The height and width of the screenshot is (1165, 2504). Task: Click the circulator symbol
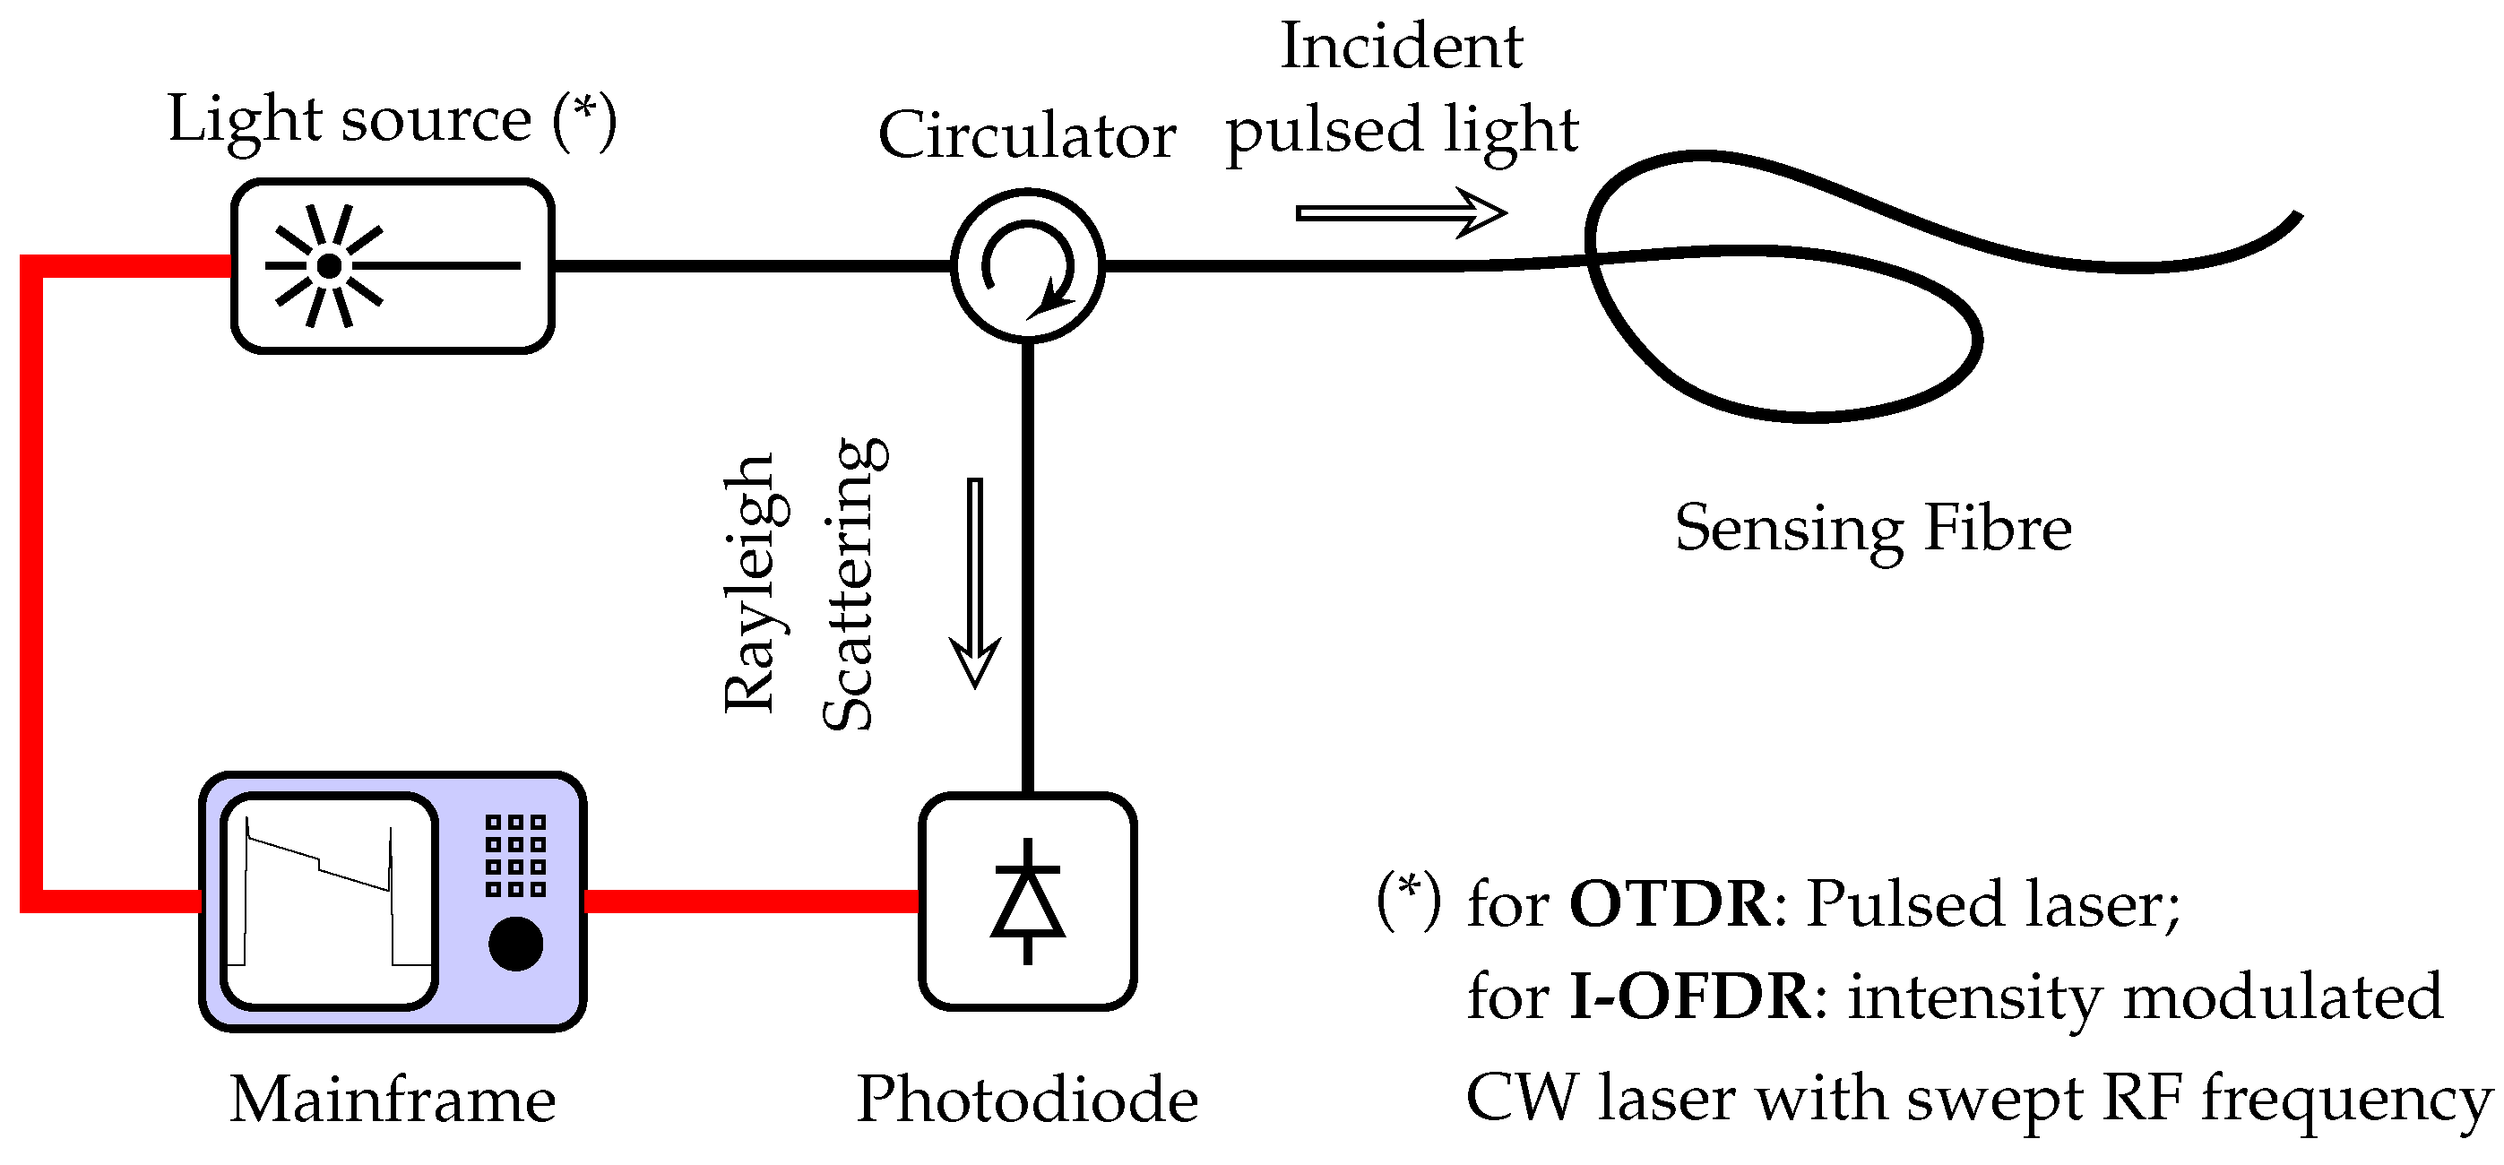[1027, 264]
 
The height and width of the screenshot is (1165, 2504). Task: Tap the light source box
[393, 265]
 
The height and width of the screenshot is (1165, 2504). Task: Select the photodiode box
[1027, 902]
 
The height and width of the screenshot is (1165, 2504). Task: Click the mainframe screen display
[329, 901]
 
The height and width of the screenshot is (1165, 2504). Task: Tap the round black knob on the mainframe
[515, 943]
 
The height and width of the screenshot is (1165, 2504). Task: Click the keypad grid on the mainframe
[515, 855]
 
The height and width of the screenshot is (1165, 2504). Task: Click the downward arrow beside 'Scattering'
[975, 583]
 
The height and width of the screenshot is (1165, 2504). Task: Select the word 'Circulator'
[1026, 136]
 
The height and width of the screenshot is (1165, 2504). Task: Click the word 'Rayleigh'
[750, 584]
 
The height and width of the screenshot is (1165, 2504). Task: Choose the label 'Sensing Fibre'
[1872, 529]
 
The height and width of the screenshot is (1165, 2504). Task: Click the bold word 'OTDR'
[1670, 904]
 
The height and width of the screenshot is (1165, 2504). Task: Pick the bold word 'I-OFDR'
[1690, 997]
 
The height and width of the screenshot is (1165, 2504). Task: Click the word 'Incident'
[1401, 47]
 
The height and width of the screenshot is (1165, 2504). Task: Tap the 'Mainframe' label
[393, 1100]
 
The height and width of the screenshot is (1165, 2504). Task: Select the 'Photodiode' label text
[1026, 1100]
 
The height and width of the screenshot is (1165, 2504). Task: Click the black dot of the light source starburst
[330, 265]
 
